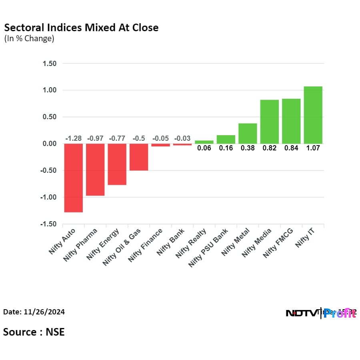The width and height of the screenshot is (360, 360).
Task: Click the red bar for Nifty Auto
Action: [73, 178]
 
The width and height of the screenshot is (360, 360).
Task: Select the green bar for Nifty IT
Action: [313, 115]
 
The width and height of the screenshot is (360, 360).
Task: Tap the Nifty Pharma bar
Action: [95, 170]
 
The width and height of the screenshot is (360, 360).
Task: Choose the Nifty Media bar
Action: [269, 122]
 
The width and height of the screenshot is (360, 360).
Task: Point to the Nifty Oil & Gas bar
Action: [139, 157]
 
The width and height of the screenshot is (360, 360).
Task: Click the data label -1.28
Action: [73, 138]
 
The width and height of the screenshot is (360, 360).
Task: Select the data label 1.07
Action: [313, 148]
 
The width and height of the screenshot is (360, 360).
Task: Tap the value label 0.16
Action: [226, 148]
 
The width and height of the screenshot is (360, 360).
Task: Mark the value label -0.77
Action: [117, 138]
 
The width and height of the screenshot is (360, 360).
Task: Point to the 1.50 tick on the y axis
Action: [48, 64]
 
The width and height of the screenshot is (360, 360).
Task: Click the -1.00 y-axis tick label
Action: [47, 197]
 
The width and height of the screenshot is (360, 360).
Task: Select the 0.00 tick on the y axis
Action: [48, 144]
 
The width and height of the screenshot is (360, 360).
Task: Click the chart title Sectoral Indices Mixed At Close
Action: [81, 28]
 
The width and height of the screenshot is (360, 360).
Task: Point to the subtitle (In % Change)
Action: [29, 39]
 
